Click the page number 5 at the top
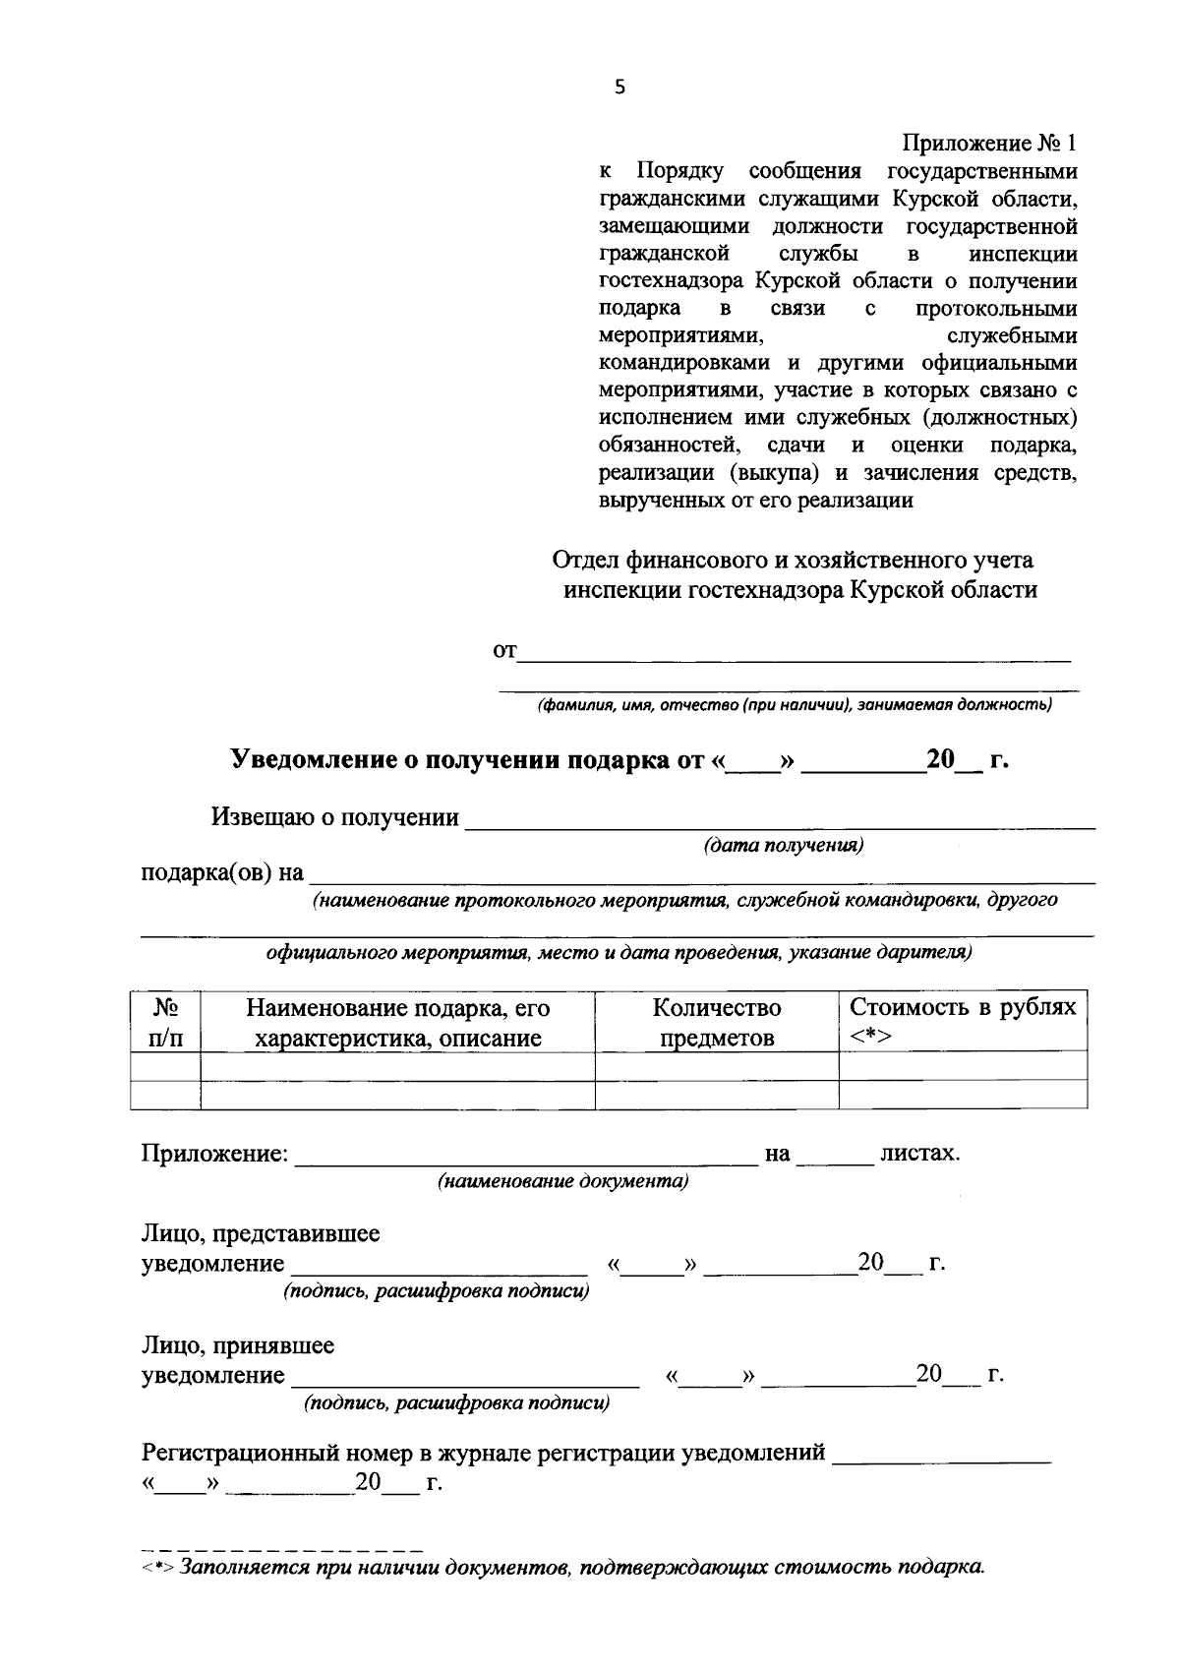click(619, 88)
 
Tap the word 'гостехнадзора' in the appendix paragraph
click(674, 281)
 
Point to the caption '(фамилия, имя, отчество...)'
click(794, 704)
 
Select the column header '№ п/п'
click(165, 1023)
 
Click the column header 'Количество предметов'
click(717, 1023)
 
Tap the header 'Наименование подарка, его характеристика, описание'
click(398, 1023)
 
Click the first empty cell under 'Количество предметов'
click(717, 1066)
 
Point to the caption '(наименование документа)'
click(562, 1181)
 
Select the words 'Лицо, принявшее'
click(238, 1344)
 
